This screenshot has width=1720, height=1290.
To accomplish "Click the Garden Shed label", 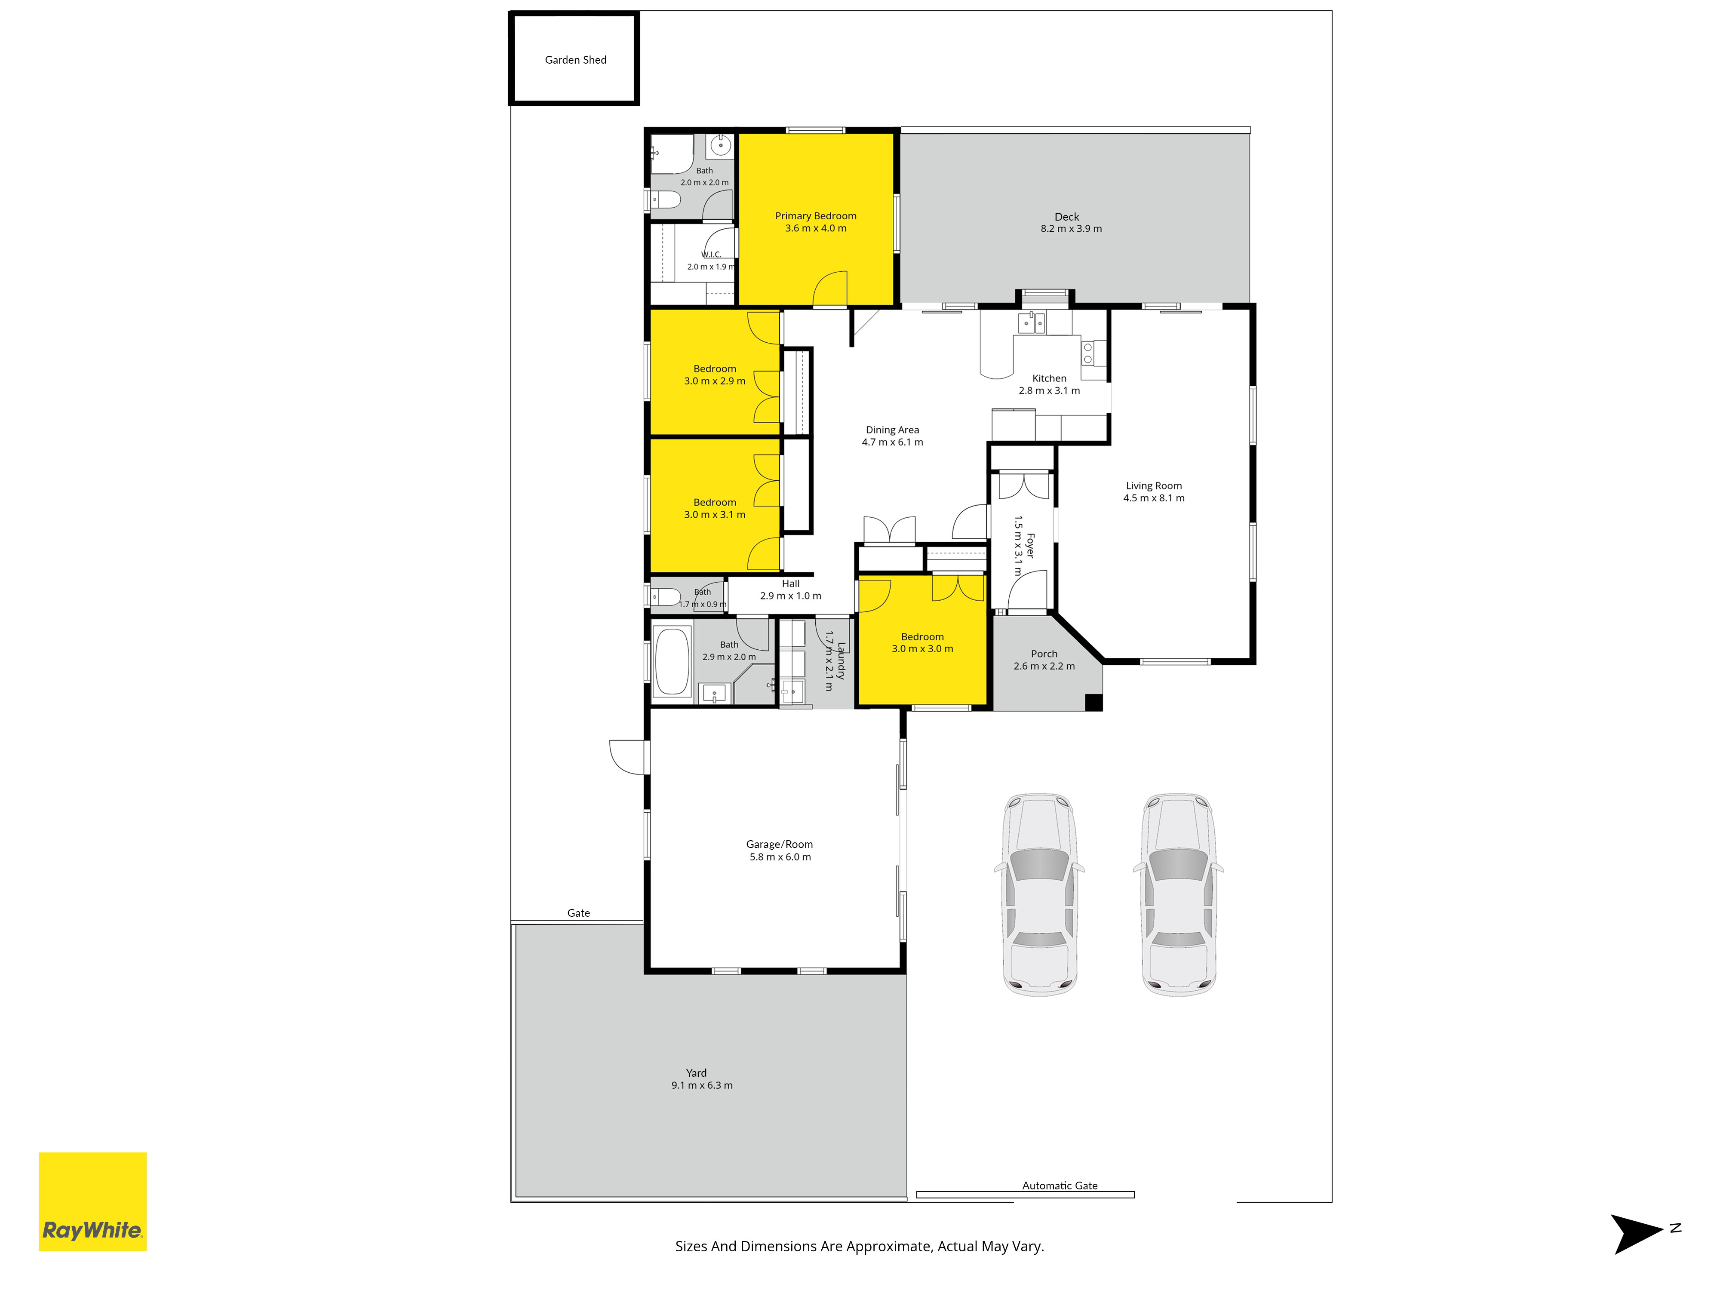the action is [575, 60].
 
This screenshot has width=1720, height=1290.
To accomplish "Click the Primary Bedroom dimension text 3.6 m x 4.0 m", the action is [816, 228].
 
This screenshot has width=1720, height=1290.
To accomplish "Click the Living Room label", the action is [1154, 485].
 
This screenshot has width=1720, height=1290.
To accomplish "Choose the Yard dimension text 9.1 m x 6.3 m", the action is [702, 1085].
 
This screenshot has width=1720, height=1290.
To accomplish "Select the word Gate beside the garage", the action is [578, 913].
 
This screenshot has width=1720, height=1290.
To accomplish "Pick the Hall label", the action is [791, 583].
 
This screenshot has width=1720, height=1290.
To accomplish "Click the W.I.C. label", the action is [712, 254].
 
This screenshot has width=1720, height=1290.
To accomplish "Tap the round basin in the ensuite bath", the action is [721, 145].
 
